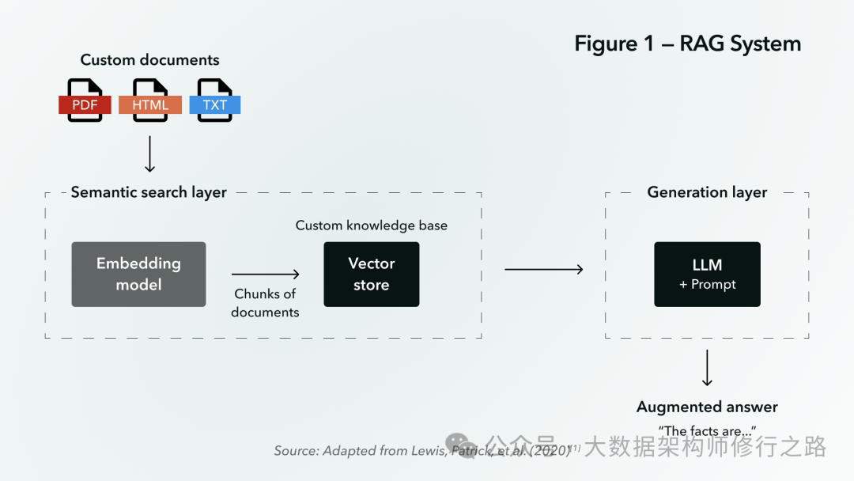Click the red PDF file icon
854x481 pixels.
(85, 101)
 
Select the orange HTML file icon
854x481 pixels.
(150, 101)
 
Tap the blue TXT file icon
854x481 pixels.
(215, 101)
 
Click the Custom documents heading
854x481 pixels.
(149, 60)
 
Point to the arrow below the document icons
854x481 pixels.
(149, 154)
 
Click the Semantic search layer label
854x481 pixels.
(149, 192)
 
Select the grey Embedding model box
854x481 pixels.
(138, 274)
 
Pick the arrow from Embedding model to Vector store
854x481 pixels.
(266, 275)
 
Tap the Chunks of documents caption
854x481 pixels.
(265, 303)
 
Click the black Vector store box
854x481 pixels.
(371, 274)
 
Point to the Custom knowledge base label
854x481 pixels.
(371, 225)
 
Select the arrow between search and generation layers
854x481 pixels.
(544, 270)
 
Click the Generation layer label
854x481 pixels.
(707, 192)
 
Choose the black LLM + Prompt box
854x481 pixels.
(707, 274)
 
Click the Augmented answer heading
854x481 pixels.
(707, 407)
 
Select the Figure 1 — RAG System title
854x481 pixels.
(687, 44)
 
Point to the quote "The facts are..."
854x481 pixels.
(707, 431)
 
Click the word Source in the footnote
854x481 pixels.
(296, 450)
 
